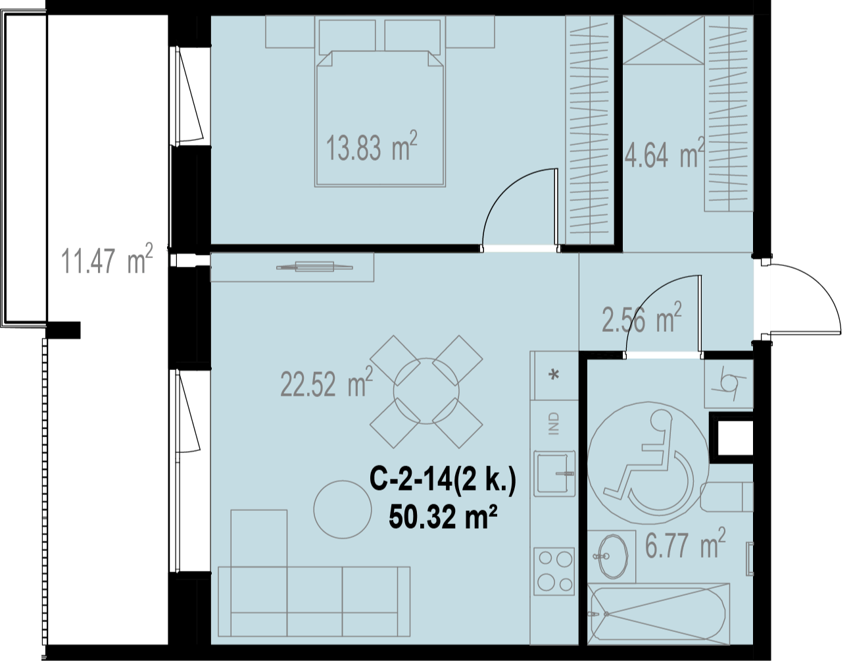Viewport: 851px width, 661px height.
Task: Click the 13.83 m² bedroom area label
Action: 372,146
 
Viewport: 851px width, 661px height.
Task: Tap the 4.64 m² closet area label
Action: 664,153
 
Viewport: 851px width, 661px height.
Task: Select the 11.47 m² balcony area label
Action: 107,258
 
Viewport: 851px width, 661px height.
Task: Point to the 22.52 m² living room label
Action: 327,382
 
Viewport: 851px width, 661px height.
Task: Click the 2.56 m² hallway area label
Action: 641,317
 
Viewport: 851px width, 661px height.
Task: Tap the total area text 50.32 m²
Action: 443,517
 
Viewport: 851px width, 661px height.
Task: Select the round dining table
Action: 426,391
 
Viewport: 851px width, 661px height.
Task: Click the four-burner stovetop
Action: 554,571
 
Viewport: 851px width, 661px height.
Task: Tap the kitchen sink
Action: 554,473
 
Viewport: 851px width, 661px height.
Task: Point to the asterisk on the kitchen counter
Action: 554,375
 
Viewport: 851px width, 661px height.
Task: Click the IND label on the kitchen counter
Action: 554,423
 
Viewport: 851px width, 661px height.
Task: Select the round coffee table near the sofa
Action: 343,510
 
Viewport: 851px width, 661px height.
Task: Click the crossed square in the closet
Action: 663,40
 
